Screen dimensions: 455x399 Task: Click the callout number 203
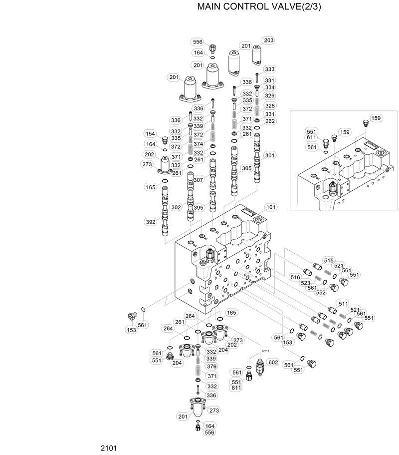pyautogui.click(x=269, y=40)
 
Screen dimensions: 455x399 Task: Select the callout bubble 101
pyautogui.click(x=270, y=207)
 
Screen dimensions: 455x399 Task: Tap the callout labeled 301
pyautogui.click(x=270, y=155)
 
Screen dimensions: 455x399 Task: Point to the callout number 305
pyautogui.click(x=246, y=168)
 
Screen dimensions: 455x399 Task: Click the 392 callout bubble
pyautogui.click(x=151, y=222)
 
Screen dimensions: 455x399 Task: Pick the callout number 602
pyautogui.click(x=273, y=363)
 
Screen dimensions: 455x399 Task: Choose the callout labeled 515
pyautogui.click(x=328, y=260)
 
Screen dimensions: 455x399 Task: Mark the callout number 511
pyautogui.click(x=343, y=303)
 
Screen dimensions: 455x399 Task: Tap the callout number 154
pyautogui.click(x=150, y=133)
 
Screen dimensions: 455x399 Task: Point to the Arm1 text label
pyautogui.click(x=266, y=351)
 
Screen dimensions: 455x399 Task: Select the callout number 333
pyautogui.click(x=270, y=69)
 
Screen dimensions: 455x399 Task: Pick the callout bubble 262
pyautogui.click(x=270, y=121)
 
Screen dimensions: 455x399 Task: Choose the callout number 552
pyautogui.click(x=320, y=292)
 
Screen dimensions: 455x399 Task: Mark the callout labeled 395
pyautogui.click(x=199, y=207)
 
